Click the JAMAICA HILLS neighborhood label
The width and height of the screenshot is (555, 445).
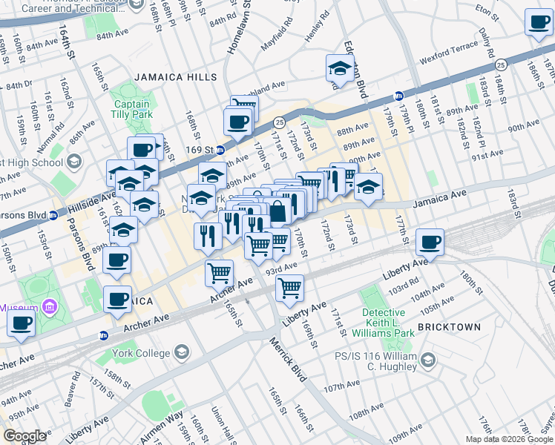[176, 77]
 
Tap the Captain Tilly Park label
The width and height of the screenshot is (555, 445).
[131, 110]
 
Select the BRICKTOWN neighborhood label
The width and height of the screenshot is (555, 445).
[449, 326]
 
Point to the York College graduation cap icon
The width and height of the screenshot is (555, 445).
[180, 353]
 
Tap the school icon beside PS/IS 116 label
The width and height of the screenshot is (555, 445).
[427, 360]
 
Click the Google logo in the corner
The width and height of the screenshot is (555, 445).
[24, 436]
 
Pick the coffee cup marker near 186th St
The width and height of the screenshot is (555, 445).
[539, 22]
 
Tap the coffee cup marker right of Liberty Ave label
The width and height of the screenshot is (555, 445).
[430, 242]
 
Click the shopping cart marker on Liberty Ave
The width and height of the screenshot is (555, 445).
[290, 286]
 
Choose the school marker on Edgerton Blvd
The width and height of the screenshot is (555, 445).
[340, 69]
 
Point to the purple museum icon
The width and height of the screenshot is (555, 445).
[49, 306]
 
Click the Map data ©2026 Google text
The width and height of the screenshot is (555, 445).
[508, 439]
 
